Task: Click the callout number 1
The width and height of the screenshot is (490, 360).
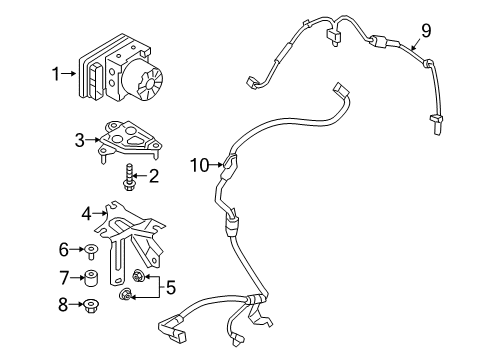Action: [x=55, y=74]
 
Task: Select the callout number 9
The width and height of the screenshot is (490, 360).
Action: [x=426, y=31]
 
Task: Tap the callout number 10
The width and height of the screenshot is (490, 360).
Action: [x=199, y=165]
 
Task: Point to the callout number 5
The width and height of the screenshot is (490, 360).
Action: [x=170, y=287]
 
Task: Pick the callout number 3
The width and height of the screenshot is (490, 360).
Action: [x=80, y=140]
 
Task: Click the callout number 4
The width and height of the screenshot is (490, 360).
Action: [x=86, y=213]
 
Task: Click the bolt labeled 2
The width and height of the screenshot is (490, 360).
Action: [x=128, y=177]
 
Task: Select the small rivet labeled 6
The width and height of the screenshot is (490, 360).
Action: [x=91, y=251]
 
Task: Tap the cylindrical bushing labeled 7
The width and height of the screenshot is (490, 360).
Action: [x=90, y=278]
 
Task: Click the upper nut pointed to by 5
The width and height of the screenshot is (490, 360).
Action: [x=136, y=275]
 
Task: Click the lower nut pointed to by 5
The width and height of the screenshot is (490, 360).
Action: [x=125, y=295]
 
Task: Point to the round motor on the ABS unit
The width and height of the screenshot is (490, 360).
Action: [x=143, y=80]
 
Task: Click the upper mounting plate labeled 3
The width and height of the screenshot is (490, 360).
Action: [x=129, y=139]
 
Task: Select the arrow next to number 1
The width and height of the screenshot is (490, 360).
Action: [x=69, y=73]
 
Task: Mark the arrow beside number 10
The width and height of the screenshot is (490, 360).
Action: [x=216, y=164]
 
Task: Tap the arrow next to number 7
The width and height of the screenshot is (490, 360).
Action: [x=77, y=277]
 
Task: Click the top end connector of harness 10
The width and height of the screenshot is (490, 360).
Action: [x=341, y=89]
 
